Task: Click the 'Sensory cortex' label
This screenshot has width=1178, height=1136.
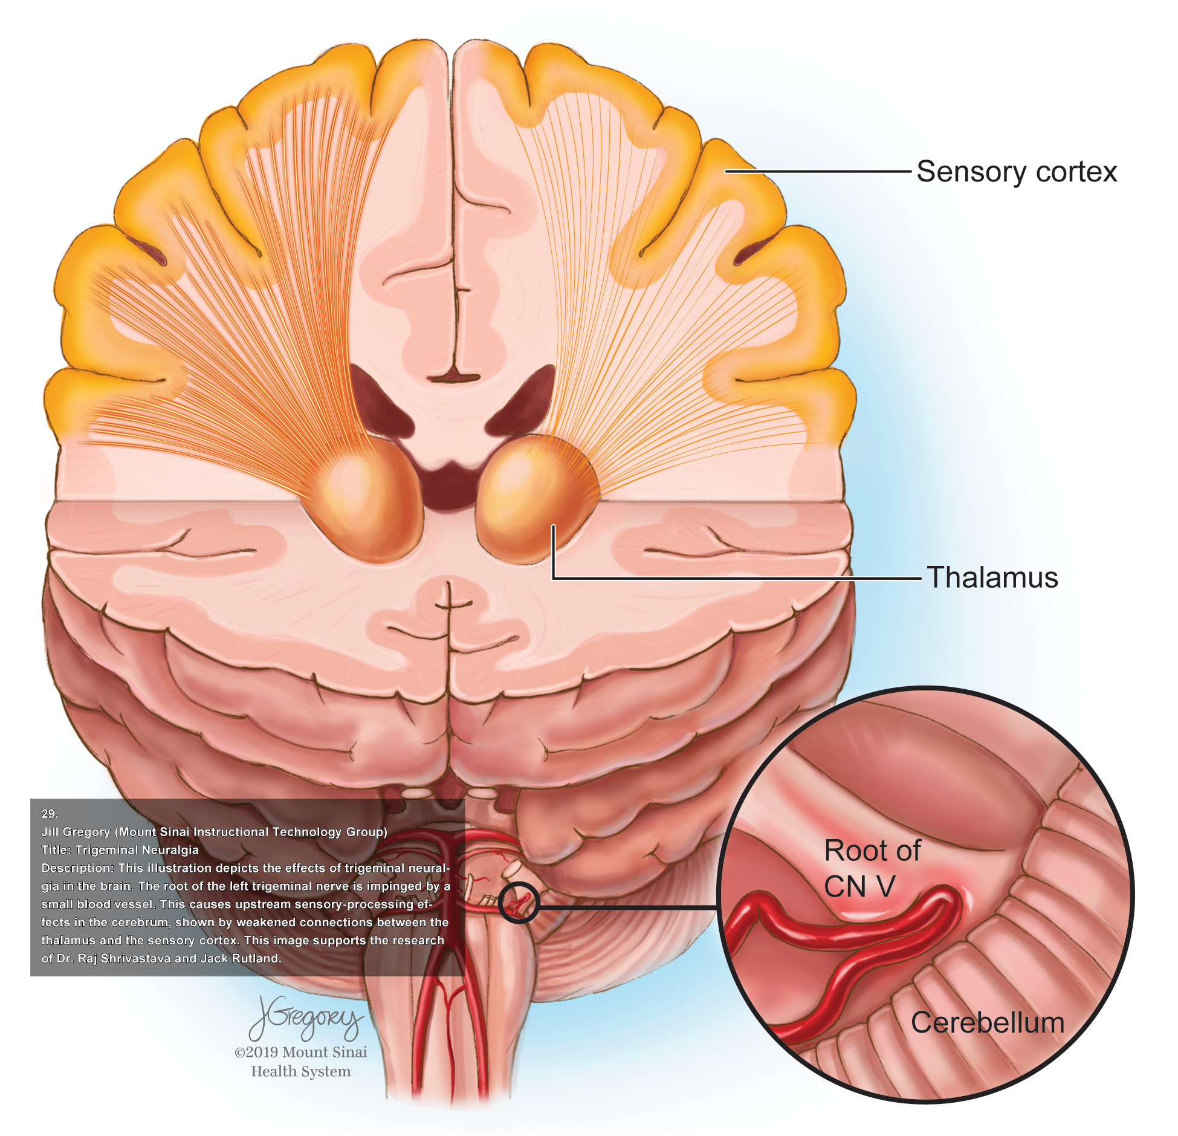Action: tap(1016, 172)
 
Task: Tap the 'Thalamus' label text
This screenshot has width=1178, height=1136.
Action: tap(992, 577)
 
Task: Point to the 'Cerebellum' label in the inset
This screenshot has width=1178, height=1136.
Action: tap(987, 1023)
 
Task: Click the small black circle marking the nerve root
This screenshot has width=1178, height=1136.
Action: tap(519, 903)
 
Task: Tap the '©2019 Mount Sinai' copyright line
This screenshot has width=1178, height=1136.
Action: tap(300, 1052)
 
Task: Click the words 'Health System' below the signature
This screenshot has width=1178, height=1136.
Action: tap(300, 1071)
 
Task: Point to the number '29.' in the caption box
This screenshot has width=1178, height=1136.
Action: tap(50, 814)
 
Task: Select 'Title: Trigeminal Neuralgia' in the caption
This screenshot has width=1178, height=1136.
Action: tap(120, 850)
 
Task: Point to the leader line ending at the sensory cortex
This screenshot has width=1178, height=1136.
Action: tap(816, 172)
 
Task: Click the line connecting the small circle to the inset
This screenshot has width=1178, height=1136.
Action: tap(629, 907)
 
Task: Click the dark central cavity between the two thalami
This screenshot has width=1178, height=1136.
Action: tap(448, 484)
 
